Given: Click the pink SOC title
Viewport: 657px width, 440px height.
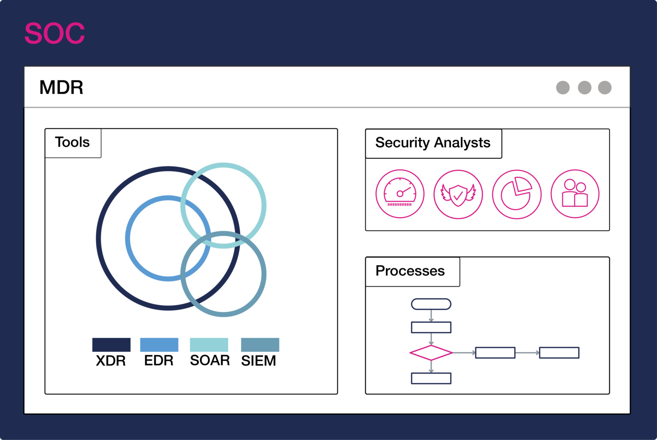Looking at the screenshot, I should (55, 33).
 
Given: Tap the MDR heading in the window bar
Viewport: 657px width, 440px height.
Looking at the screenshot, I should (61, 87).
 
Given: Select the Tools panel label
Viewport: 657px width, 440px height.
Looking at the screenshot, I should (72, 142).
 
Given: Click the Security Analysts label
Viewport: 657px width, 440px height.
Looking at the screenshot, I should (432, 142).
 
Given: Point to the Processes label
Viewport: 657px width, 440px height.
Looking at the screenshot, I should (410, 271).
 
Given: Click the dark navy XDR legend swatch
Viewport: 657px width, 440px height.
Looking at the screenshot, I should (111, 345).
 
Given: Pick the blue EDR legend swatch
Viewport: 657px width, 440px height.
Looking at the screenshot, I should (159, 345).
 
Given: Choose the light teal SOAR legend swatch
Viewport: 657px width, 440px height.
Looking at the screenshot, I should (209, 345).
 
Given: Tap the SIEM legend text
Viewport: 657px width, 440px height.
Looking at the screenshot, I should (258, 361).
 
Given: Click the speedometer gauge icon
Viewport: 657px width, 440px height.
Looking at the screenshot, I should (400, 194).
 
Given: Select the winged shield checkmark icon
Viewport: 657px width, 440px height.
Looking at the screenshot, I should (458, 195).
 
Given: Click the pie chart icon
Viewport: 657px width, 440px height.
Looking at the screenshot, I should (517, 195).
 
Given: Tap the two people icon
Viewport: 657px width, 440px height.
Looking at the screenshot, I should (575, 194).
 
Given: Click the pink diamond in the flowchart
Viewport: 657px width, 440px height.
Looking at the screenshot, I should (431, 353).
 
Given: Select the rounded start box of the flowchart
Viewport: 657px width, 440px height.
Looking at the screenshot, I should (431, 304).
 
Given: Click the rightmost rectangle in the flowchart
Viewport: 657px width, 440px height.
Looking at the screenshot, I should (559, 353).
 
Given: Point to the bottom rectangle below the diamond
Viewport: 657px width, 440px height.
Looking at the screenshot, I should (431, 378).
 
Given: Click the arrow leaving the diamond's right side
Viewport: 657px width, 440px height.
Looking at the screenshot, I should (464, 353).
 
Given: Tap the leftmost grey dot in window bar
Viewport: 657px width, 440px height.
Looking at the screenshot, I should (563, 88).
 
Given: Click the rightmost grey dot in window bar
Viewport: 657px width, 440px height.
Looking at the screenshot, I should (604, 88).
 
